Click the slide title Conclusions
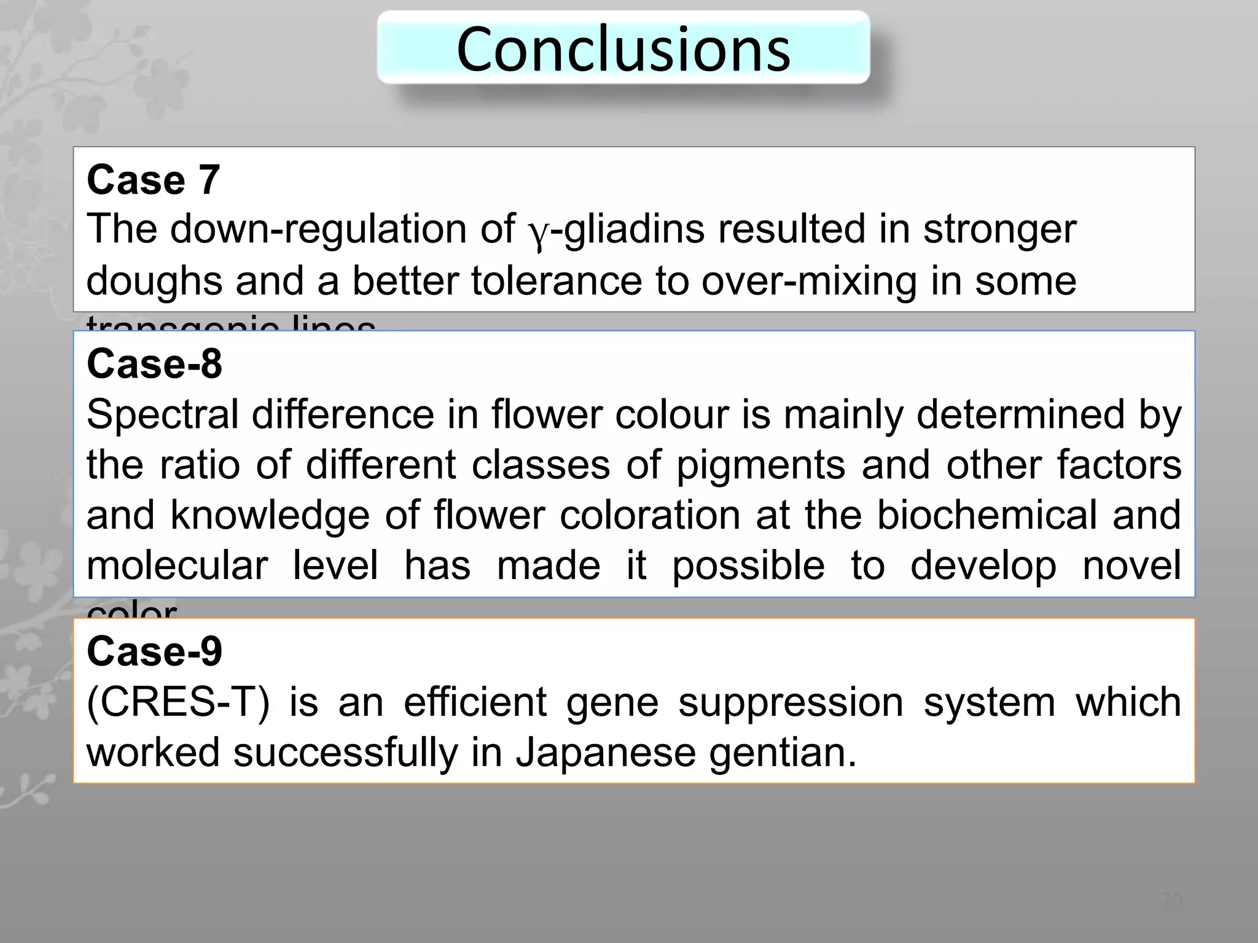pos(623,49)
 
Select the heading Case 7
pos(154,180)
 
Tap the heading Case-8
pos(154,363)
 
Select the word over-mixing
pos(809,281)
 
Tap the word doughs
pos(154,281)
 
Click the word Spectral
pos(162,414)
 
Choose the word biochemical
pos(986,514)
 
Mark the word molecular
pos(177,565)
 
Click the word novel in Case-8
pos(1131,565)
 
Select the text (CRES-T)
pos(178,702)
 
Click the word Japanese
pos(605,753)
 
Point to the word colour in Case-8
pos(672,414)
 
